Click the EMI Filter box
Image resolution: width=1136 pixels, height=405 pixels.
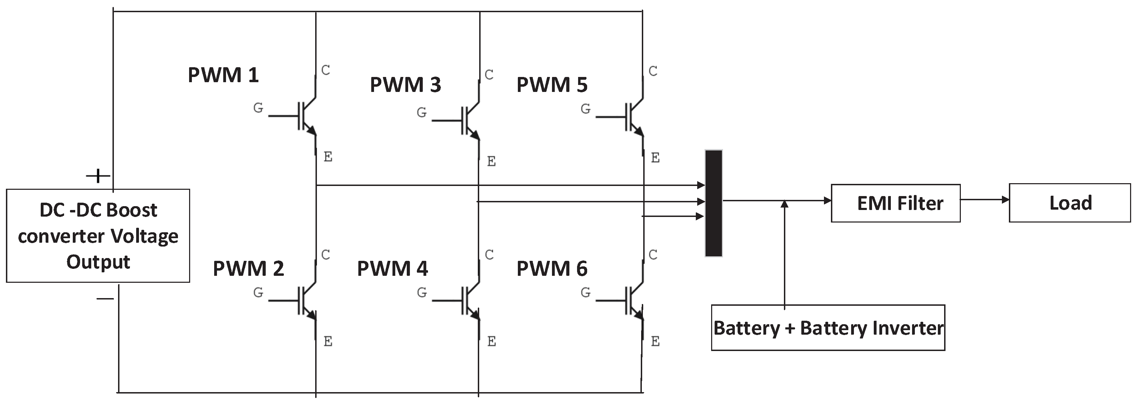896,203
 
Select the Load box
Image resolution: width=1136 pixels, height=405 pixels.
1070,203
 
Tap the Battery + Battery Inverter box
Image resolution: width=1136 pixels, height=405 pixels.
828,328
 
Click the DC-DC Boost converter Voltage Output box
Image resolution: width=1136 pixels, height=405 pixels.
98,236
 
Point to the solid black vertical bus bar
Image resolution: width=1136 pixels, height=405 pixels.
714,203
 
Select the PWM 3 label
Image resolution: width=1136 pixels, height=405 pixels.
405,85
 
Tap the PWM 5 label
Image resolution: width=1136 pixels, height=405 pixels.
552,85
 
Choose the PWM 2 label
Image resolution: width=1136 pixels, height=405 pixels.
248,269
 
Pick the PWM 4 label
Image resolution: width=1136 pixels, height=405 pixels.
392,269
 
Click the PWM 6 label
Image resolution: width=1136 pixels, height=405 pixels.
552,269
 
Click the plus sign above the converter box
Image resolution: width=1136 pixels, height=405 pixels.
98,176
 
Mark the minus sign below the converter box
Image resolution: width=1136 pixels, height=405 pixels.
105,299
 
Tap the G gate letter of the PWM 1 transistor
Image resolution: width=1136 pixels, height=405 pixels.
258,108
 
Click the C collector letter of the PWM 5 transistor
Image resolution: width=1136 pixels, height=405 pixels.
653,71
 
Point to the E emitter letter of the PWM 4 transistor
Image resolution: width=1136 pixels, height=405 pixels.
492,342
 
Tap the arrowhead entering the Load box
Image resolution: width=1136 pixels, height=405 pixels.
1005,200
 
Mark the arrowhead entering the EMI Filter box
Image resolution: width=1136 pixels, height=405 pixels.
827,201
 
